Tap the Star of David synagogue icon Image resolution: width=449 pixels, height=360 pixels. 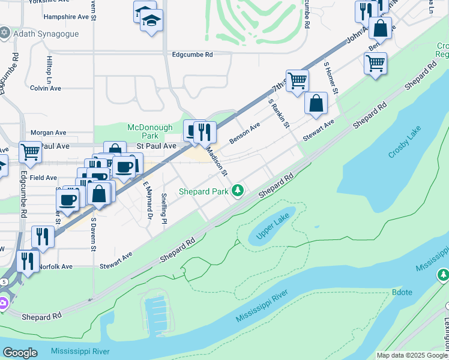point(5,32)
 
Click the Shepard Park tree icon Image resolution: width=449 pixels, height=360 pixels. point(238,191)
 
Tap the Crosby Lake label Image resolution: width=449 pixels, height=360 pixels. point(405,143)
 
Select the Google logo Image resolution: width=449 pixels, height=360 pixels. point(20,353)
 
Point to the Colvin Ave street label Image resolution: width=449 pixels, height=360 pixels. point(46,88)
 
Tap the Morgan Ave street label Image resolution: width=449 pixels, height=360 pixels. point(48,133)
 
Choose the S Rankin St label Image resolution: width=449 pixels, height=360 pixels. point(279,113)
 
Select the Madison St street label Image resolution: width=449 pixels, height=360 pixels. point(217,160)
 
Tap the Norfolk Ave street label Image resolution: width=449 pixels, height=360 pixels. point(55,266)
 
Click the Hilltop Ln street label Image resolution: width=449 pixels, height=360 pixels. point(50,70)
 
